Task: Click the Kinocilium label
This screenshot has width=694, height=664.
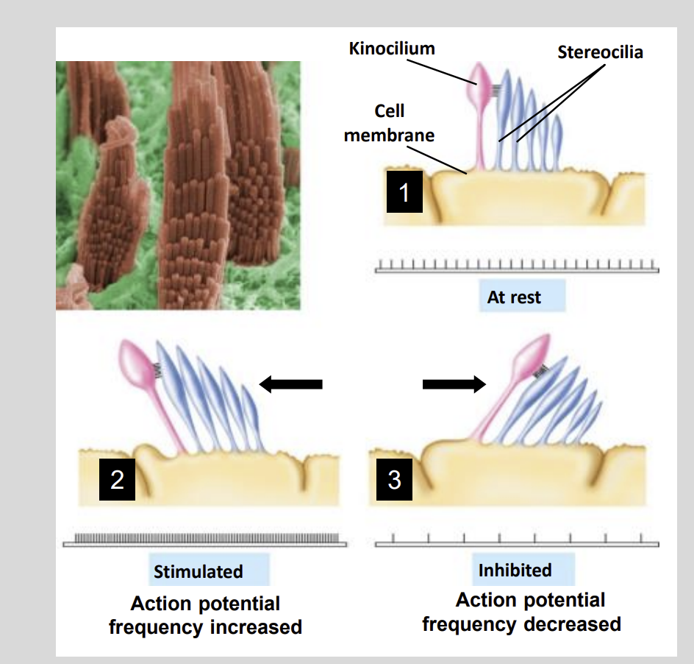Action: pos(392,49)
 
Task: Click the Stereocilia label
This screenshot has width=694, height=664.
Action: pos(600,52)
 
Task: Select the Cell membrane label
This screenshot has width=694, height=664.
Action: pos(389,123)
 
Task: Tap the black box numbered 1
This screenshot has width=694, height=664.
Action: pos(404,193)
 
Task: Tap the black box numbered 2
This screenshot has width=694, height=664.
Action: pos(117,481)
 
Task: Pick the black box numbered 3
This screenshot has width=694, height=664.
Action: pos(394,481)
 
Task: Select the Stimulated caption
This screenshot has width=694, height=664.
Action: pos(198,571)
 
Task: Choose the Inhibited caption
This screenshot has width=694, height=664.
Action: pos(515,571)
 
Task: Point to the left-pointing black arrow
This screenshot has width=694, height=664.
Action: pos(291,384)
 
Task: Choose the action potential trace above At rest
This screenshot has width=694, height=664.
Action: pos(517,266)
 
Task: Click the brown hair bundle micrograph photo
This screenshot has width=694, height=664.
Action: pos(178,185)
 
